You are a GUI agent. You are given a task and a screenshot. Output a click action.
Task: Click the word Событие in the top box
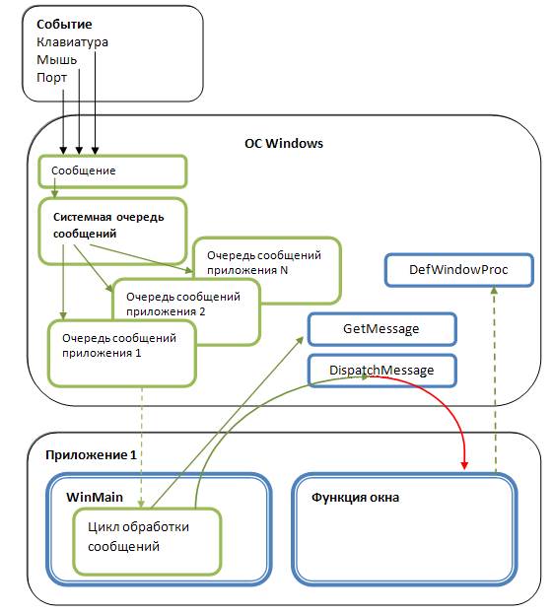tap(64, 25)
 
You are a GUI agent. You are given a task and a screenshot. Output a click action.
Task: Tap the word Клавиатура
tap(73, 42)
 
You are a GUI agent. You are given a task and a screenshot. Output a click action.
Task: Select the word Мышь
tap(57, 59)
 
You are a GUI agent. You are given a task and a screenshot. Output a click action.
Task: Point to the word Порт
tap(51, 78)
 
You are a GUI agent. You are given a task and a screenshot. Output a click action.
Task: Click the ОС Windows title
tap(284, 143)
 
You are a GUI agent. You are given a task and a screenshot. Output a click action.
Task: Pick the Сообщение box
tap(112, 171)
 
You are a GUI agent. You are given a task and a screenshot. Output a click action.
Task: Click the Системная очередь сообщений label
tap(108, 225)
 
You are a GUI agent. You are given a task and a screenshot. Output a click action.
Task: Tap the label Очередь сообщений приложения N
tap(264, 262)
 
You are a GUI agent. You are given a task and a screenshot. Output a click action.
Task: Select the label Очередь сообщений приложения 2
tap(183, 304)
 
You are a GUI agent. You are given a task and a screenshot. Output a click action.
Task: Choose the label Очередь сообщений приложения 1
tap(119, 345)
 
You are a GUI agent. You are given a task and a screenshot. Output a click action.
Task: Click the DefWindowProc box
tap(459, 270)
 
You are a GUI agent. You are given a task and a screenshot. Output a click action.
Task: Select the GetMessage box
tap(381, 329)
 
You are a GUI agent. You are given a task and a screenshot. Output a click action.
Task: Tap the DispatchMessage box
tap(381, 371)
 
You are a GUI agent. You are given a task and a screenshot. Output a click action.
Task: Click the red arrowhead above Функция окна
tap(464, 465)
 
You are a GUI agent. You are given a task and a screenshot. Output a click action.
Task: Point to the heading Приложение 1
tap(91, 455)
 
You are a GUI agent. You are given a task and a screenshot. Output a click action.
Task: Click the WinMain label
tap(95, 498)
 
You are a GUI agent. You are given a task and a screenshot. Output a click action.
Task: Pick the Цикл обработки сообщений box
tap(147, 541)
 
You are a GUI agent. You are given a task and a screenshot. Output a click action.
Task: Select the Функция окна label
tap(355, 498)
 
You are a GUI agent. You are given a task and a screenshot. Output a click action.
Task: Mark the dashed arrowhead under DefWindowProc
tap(494, 291)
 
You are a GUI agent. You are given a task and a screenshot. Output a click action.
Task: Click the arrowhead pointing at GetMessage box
tap(300, 340)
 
